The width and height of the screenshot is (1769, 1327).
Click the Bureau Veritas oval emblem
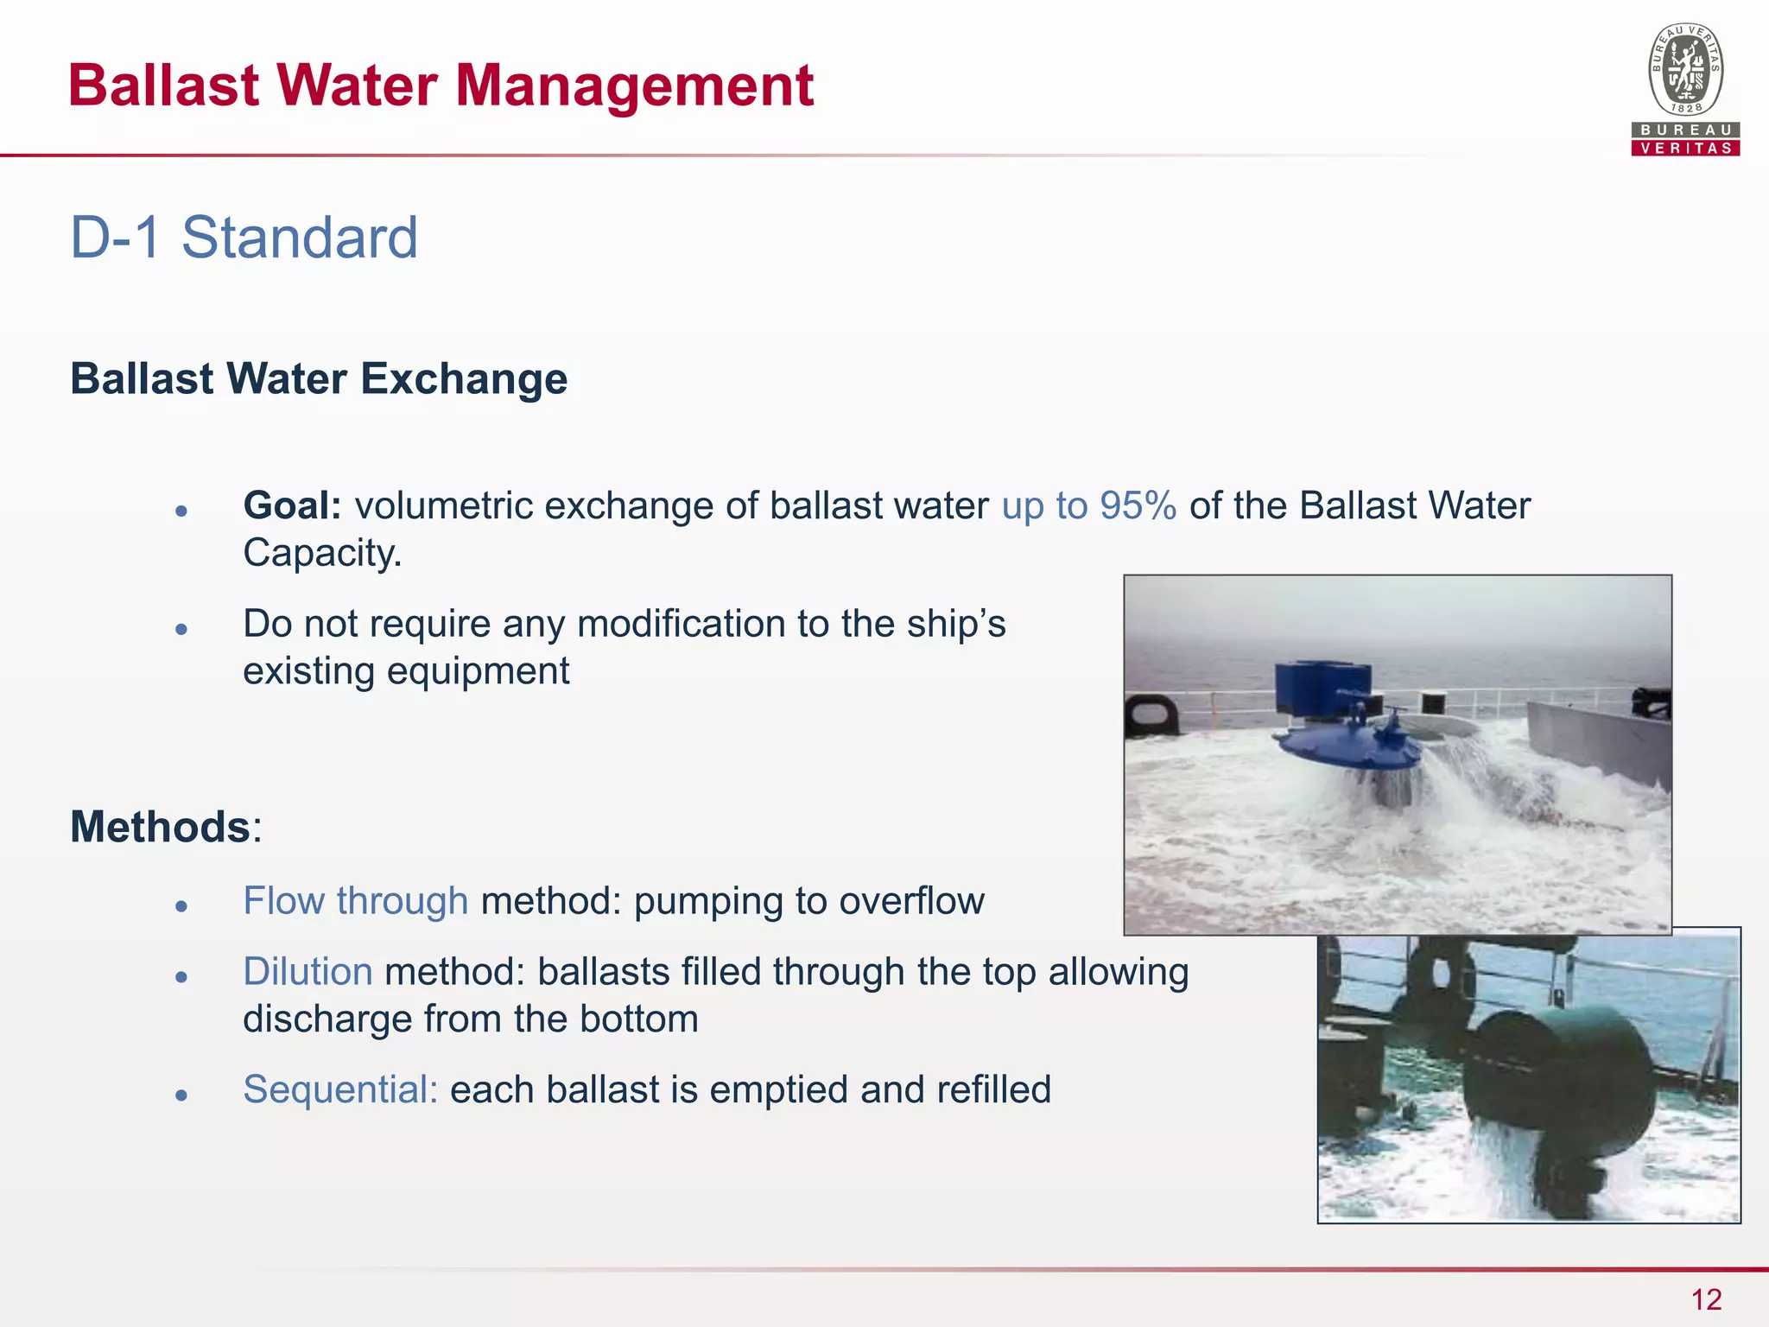point(1685,70)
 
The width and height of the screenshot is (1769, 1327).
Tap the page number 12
point(1706,1299)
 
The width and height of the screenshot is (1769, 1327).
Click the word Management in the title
point(634,86)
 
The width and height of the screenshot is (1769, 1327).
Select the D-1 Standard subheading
point(244,238)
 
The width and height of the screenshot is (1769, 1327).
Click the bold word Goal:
point(293,506)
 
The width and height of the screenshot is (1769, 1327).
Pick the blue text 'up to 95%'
point(1088,506)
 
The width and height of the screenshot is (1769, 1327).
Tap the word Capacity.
point(322,553)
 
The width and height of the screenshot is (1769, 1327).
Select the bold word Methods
point(161,827)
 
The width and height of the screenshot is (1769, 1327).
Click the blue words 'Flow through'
point(356,901)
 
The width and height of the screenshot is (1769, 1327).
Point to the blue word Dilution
point(308,972)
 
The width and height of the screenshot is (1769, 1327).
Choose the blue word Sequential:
point(340,1089)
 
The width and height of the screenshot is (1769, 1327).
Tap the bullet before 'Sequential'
point(181,1095)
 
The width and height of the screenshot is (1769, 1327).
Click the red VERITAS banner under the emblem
point(1685,148)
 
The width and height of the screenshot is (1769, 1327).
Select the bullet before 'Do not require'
point(181,629)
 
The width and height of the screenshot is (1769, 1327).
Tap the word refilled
point(993,1089)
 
